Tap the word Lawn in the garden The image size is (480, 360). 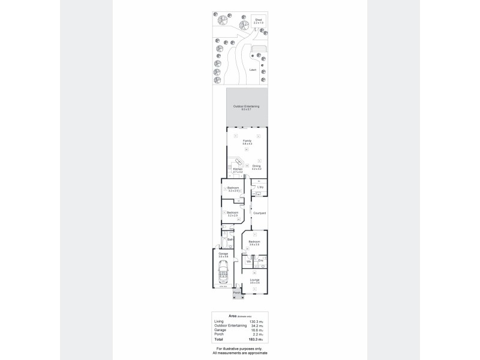[253, 70]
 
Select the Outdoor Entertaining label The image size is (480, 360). [246, 107]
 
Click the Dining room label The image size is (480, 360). [257, 167]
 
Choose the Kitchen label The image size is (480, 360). [238, 170]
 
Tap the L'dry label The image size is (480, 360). [260, 188]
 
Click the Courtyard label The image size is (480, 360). [259, 214]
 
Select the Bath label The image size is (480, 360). [230, 239]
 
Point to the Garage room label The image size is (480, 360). [223, 255]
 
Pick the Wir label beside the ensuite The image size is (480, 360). [248, 262]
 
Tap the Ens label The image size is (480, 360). [260, 260]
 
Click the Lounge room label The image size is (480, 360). [254, 280]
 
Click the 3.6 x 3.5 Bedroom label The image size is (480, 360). [254, 243]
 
